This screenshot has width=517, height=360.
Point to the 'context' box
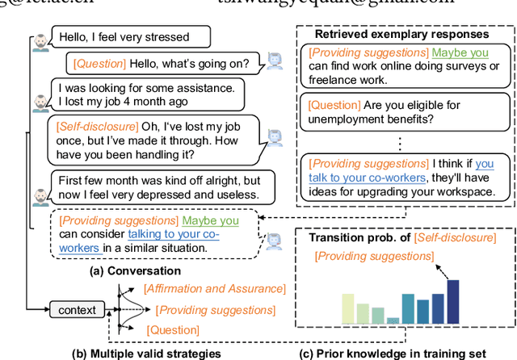[x=78, y=308]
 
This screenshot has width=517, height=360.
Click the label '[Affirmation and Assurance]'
[x=215, y=288]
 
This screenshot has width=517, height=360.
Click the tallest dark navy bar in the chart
[x=452, y=300]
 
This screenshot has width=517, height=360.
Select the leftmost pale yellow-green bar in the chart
[x=348, y=308]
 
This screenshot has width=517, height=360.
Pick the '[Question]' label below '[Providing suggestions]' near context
[x=172, y=329]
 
